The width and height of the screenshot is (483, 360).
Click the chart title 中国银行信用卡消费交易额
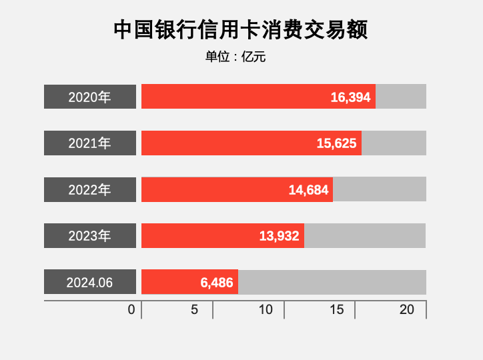pyautogui.click(x=241, y=30)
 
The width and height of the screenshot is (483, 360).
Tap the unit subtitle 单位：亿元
pyautogui.click(x=235, y=57)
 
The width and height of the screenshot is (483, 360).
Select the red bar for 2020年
pyautogui.click(x=233, y=97)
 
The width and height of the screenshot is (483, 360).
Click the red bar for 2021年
pyautogui.click(x=227, y=143)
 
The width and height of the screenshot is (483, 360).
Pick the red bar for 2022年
pyautogui.click(x=213, y=189)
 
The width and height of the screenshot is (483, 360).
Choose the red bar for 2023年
pyautogui.click(x=200, y=236)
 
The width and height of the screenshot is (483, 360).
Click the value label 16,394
pyautogui.click(x=350, y=97)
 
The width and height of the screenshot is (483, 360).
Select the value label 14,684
pyautogui.click(x=308, y=190)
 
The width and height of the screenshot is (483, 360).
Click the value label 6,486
pyautogui.click(x=217, y=283)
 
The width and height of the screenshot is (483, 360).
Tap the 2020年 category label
pyautogui.click(x=90, y=97)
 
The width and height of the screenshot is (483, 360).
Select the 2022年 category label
pyautogui.click(x=90, y=189)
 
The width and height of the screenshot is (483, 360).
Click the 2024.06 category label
pyautogui.click(x=90, y=282)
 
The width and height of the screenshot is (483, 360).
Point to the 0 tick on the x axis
pyautogui.click(x=131, y=310)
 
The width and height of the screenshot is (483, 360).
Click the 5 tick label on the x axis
pyautogui.click(x=195, y=310)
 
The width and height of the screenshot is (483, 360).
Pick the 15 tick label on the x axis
pyautogui.click(x=337, y=310)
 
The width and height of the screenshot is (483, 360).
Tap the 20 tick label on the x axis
pyautogui.click(x=407, y=310)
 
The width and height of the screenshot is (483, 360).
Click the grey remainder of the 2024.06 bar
pyautogui.click(x=332, y=282)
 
